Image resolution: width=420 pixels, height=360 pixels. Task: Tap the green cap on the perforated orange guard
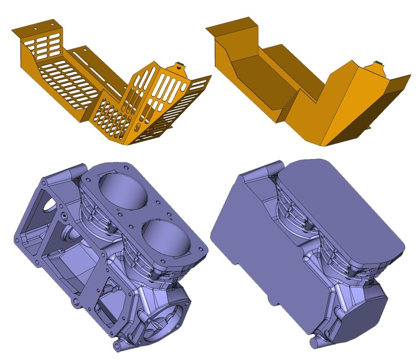click(x=179, y=64)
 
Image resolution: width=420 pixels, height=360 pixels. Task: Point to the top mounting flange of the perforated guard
click(x=38, y=27)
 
